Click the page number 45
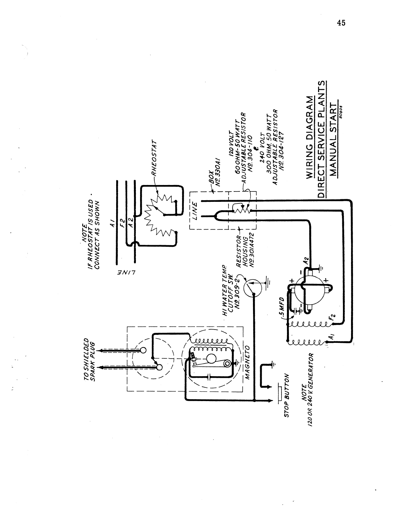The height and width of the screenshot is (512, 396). coord(341,23)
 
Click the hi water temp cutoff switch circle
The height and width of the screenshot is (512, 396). coord(251,287)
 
